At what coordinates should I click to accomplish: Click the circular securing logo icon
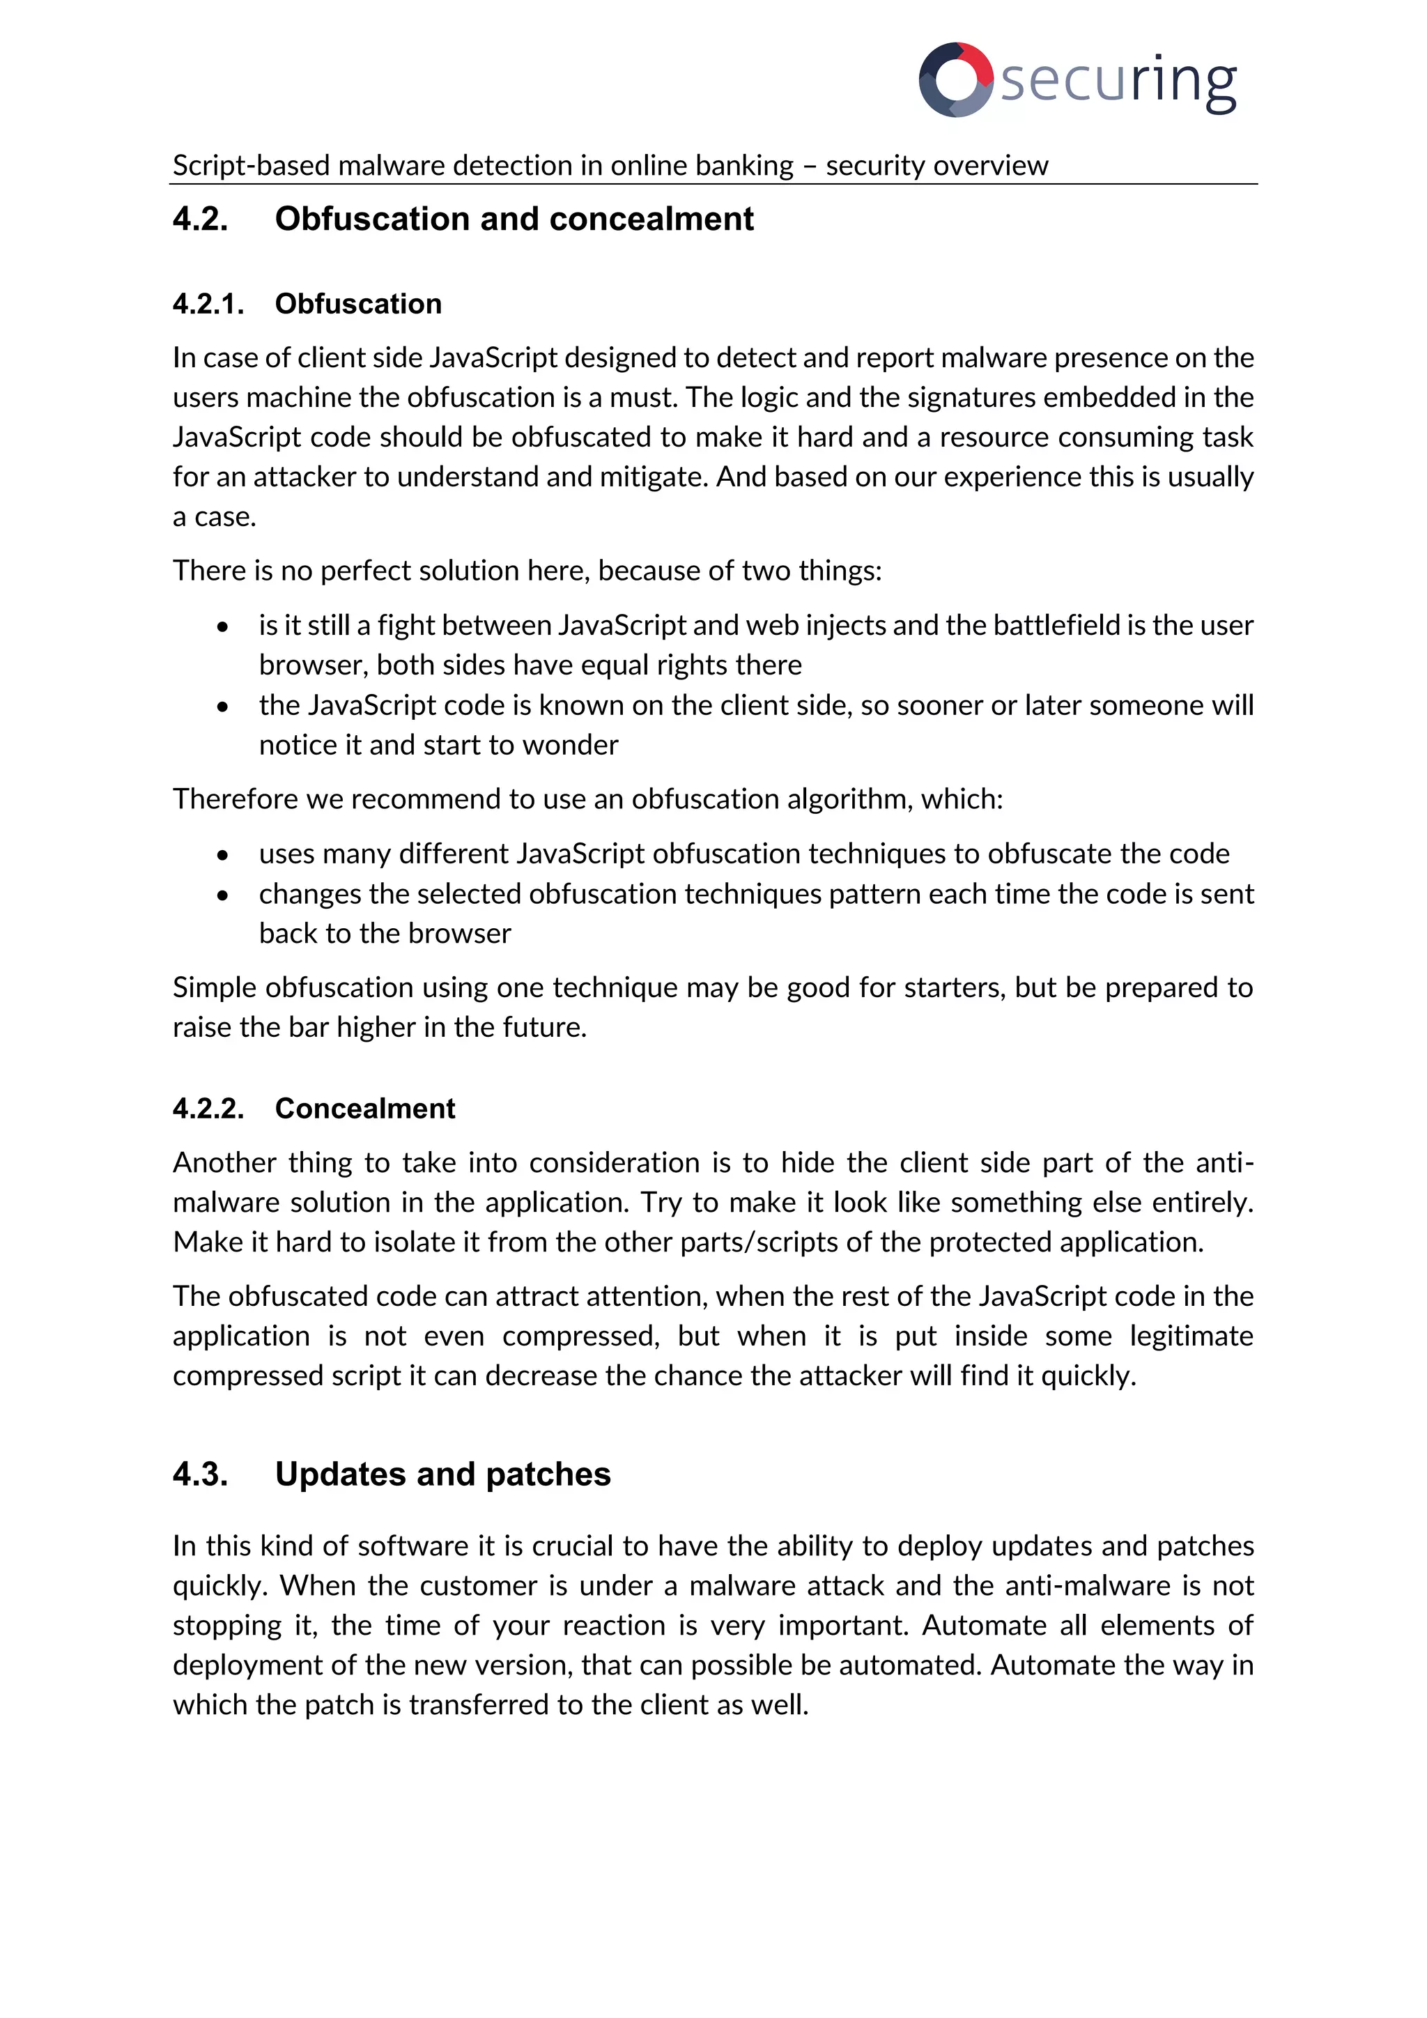955,79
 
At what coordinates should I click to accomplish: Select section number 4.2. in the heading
201,219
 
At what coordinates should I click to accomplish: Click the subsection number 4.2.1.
208,304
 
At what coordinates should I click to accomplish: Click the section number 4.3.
201,1474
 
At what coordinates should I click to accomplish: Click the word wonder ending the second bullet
570,746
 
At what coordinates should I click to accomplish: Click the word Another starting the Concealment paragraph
225,1163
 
